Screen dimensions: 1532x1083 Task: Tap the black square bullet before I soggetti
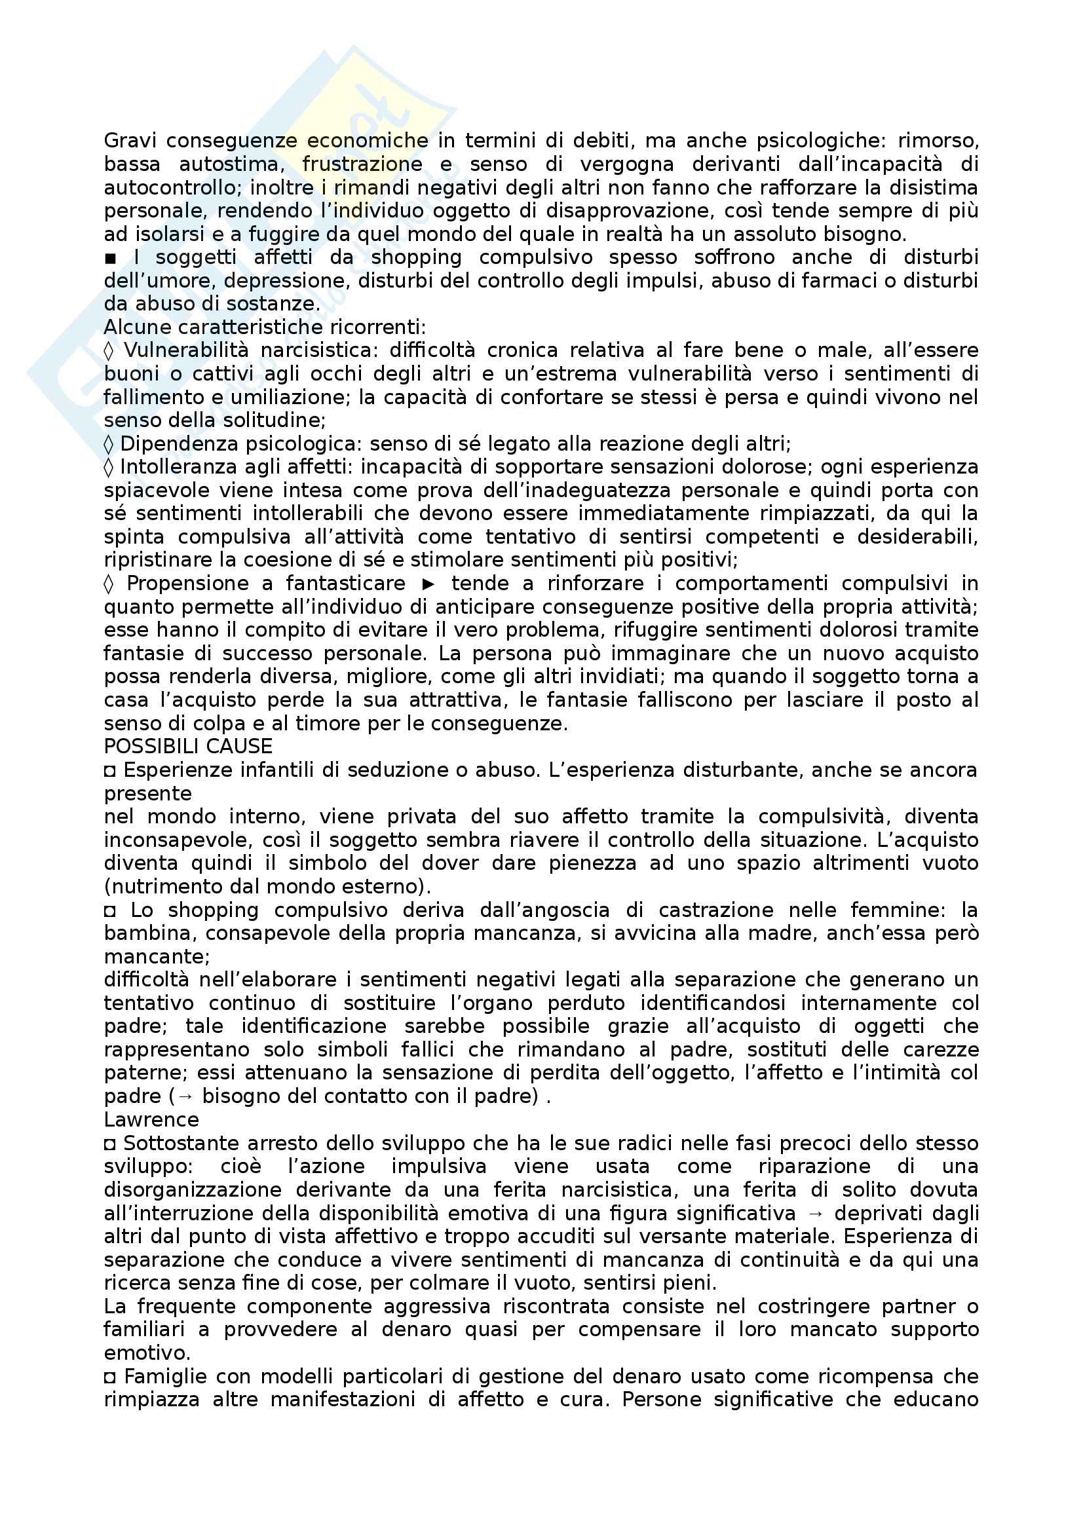(x=110, y=257)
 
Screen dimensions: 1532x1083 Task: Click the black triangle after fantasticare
(x=428, y=584)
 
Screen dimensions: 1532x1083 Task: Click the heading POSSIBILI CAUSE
(x=188, y=747)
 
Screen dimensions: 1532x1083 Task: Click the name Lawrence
(x=151, y=1119)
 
